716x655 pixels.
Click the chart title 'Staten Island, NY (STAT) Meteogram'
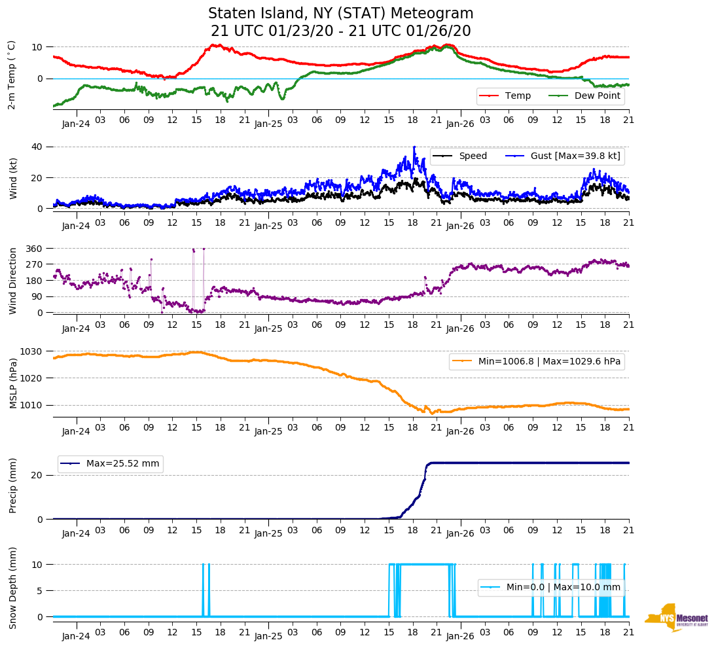point(340,14)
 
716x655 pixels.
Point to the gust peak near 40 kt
point(414,147)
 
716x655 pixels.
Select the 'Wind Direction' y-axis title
point(13,280)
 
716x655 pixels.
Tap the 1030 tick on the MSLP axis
point(32,351)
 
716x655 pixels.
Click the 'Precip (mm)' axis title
point(13,486)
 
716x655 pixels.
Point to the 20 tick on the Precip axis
point(39,475)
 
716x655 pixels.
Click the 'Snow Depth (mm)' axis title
point(13,588)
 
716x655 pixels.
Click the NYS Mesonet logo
point(676,618)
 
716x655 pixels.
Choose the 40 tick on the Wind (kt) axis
point(39,147)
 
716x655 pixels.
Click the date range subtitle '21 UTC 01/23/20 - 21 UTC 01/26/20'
point(340,31)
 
